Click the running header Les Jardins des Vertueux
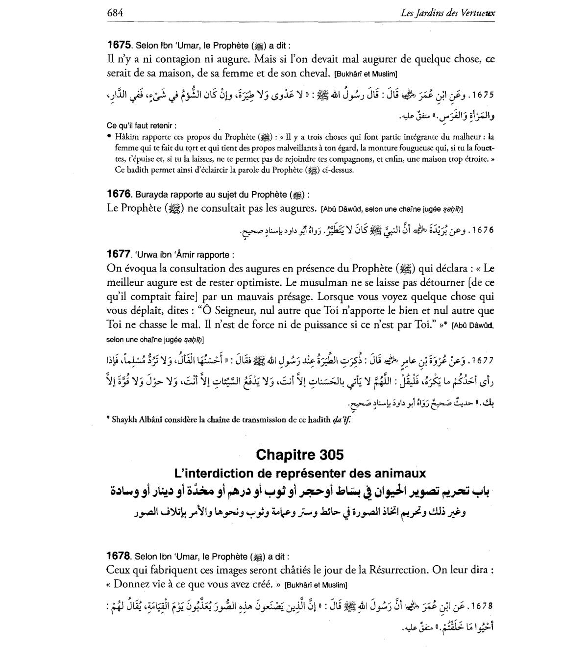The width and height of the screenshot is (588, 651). (447, 13)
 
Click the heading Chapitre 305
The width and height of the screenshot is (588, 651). (300, 455)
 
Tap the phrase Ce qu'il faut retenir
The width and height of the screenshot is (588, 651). (141, 125)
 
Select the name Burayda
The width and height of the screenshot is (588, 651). (151, 195)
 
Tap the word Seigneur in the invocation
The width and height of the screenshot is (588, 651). (235, 310)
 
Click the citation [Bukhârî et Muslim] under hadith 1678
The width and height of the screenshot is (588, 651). (316, 585)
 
